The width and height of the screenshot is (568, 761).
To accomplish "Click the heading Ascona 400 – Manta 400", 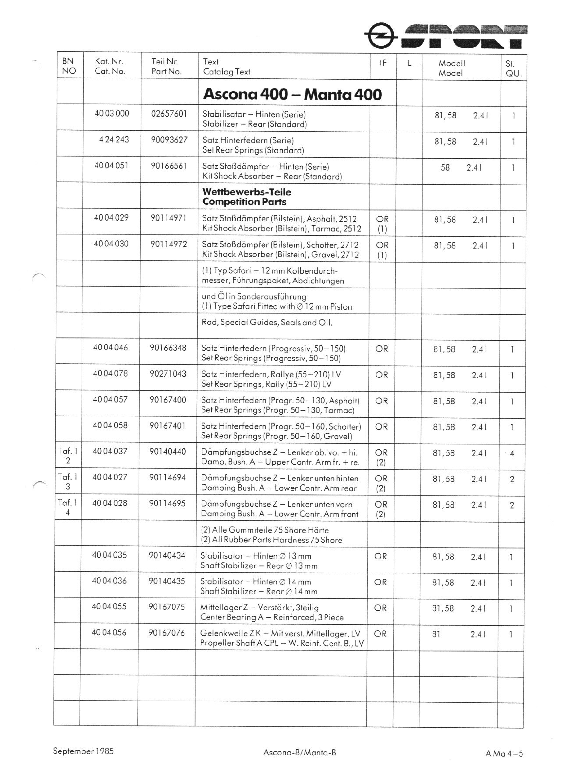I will click(292, 94).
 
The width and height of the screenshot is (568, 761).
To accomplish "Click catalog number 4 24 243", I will click(114, 140).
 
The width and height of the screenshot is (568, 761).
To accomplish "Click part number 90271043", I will click(168, 373).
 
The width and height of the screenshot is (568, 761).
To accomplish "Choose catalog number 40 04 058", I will click(110, 425).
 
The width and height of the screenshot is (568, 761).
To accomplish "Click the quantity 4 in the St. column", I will click(512, 453).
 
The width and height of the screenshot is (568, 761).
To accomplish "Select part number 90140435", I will click(167, 581).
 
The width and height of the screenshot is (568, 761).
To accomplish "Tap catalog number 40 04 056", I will click(109, 632).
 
